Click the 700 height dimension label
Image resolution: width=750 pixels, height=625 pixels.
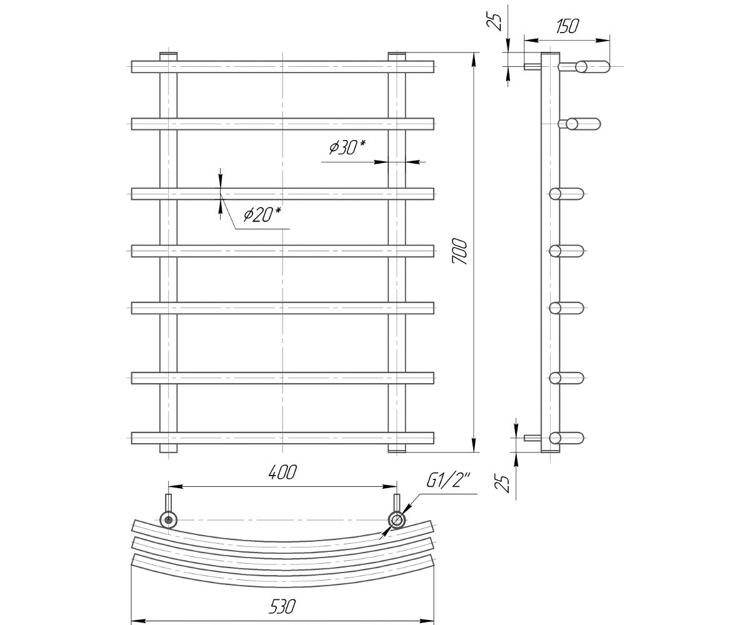461,252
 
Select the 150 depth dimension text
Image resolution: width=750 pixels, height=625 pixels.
567,26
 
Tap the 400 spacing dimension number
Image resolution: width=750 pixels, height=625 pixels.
282,472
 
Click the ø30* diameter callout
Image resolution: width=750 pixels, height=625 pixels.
347,147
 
